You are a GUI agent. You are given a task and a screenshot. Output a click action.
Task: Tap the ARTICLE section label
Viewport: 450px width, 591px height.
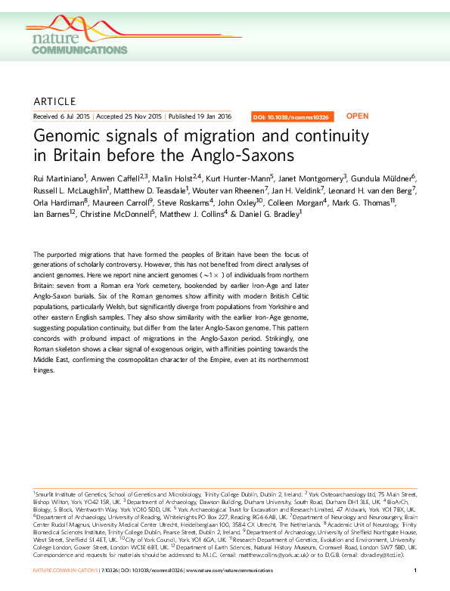(x=54, y=101)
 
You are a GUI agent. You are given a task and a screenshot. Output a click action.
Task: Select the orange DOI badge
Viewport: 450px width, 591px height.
(x=290, y=117)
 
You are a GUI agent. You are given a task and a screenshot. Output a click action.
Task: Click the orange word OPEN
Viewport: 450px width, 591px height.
(x=357, y=116)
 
